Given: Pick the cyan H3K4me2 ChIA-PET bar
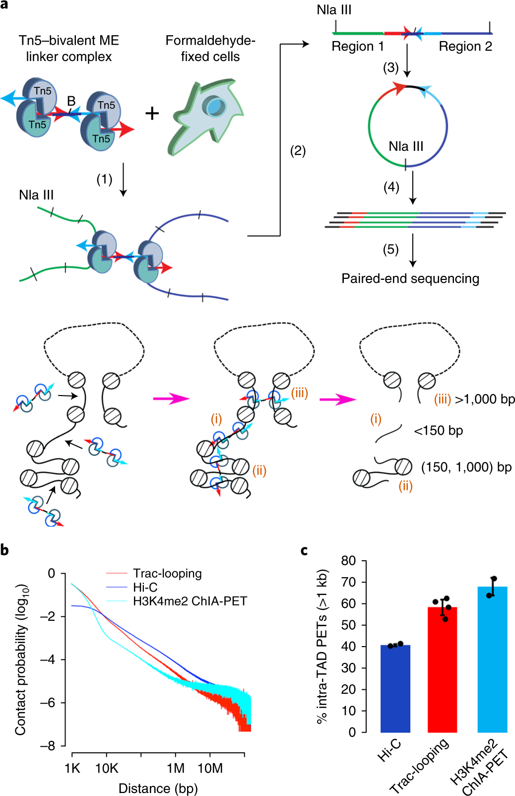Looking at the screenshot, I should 492,660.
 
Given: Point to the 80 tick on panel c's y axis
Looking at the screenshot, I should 349,561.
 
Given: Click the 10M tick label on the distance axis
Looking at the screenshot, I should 210,768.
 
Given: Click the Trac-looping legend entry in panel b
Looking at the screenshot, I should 167,574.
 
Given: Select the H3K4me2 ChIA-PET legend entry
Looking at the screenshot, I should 190,601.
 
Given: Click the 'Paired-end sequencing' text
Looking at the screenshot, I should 410,278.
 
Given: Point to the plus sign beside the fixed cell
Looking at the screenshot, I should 152,114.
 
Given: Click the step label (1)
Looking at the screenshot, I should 104,179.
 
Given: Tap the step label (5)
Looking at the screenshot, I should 390,249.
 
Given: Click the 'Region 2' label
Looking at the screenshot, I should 465,47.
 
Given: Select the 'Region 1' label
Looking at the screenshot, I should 358,47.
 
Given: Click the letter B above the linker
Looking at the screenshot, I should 71,101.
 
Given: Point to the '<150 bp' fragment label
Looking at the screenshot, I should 438,431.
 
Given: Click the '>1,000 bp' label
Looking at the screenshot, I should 485,399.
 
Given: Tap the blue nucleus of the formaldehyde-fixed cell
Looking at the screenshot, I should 216,106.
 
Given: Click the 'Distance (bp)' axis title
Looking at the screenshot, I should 158,789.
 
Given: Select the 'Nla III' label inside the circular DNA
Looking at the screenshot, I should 406,146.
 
